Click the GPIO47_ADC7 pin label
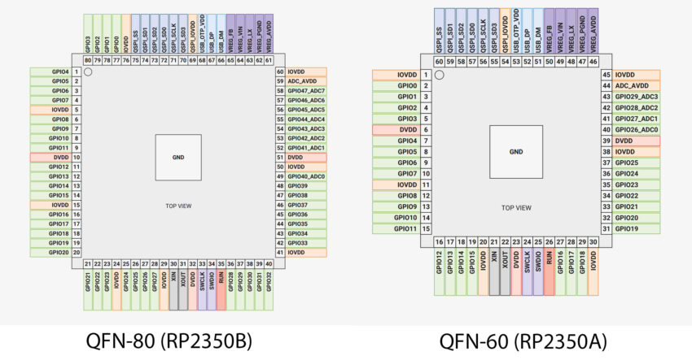[306, 91]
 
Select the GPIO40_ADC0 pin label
[306, 176]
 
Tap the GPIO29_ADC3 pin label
[637, 97]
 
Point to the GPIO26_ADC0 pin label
[637, 130]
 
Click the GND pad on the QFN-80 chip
[177, 157]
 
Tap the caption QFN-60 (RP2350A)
[516, 339]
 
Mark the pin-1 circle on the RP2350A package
[439, 75]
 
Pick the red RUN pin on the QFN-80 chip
[221, 286]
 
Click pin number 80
[88, 60]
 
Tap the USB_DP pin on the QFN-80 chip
[212, 36]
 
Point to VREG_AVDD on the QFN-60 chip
[593, 29]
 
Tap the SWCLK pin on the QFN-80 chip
[201, 286]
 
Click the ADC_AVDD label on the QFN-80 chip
[306, 81]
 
